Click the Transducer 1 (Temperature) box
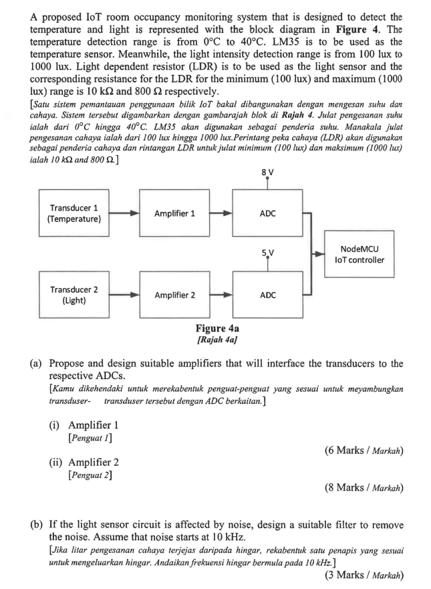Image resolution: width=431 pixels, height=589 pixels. [72, 213]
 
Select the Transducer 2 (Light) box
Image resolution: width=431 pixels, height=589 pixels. [72, 295]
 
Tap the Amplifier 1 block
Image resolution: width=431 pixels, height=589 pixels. [174, 213]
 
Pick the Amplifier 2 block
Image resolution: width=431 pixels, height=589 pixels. [174, 295]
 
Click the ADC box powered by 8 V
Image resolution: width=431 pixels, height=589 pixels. [268, 213]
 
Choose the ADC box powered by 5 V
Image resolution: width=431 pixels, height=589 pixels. [268, 295]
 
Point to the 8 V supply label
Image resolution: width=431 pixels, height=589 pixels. [269, 172]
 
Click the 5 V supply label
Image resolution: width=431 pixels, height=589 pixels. [269, 253]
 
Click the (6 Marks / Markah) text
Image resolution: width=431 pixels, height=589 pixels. [364, 451]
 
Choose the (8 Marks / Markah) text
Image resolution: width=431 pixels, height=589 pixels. [364, 487]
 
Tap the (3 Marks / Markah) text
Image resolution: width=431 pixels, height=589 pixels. [364, 574]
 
